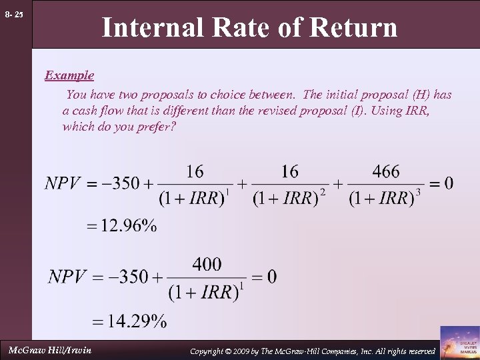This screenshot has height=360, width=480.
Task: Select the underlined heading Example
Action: [x=69, y=75]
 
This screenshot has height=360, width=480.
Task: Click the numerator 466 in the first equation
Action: [x=386, y=171]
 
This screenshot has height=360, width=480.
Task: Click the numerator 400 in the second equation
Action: [x=207, y=265]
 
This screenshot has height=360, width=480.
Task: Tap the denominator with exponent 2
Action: [x=290, y=198]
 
